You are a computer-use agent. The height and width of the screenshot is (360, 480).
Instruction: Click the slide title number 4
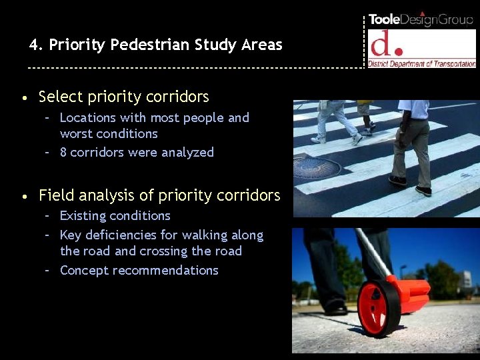(x=33, y=45)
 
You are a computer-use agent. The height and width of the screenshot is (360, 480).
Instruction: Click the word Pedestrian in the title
(x=151, y=45)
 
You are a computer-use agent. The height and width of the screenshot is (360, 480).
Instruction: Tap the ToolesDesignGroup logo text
(x=421, y=19)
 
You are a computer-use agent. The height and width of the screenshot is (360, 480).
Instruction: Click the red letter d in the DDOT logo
(x=383, y=45)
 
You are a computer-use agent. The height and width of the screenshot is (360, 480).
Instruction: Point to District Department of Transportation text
(x=422, y=64)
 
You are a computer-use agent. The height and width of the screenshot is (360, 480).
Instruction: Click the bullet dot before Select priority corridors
(x=24, y=98)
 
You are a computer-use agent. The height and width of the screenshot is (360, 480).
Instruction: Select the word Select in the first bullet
(x=57, y=97)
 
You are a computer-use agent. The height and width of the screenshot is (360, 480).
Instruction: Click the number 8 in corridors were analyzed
(x=63, y=153)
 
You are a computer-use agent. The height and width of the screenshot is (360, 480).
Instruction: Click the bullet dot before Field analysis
(x=24, y=197)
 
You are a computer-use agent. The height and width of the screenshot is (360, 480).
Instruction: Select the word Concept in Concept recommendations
(x=84, y=271)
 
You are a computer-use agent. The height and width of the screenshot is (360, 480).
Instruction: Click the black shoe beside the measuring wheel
(x=335, y=308)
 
